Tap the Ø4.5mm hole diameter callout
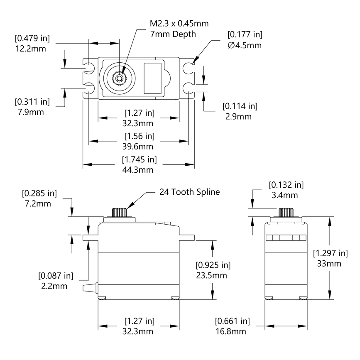pyautogui.click(x=245, y=45)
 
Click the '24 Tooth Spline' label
pyautogui.click(x=189, y=192)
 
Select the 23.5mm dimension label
pyautogui.click(x=213, y=276)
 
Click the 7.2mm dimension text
pyautogui.click(x=39, y=203)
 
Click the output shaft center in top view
pyautogui.click(x=119, y=78)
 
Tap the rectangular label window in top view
pyautogui.click(x=152, y=78)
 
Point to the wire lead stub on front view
pyautogui.click(x=90, y=288)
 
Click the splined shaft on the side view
pyautogui.click(x=286, y=212)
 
